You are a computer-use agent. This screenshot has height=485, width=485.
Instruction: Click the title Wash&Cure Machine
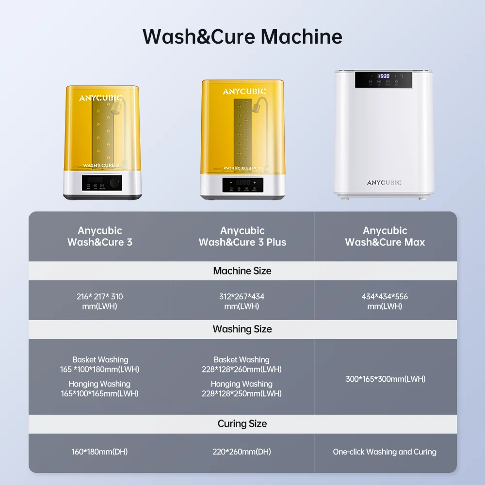coord(242,37)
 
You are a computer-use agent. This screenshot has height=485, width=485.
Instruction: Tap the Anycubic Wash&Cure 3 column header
coord(99,236)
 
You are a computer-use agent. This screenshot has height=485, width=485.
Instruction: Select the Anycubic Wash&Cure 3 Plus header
coord(242,236)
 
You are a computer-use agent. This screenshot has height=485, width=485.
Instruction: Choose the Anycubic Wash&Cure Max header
coord(385,236)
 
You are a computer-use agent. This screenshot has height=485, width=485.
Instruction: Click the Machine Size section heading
coord(242,271)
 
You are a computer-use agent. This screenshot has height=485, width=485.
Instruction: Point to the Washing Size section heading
coord(242,329)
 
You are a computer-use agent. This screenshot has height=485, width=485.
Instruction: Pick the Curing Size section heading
coord(242,423)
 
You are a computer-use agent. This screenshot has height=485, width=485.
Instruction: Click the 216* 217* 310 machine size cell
coord(99,301)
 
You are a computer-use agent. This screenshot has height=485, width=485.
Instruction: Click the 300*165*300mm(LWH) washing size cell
coord(385,379)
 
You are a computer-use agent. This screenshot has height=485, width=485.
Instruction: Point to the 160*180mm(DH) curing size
coord(99,452)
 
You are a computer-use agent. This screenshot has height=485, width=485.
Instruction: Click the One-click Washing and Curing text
coord(385,452)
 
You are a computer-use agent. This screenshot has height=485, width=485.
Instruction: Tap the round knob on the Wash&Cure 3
coord(115,183)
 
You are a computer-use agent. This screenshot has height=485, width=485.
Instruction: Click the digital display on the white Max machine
coord(384,76)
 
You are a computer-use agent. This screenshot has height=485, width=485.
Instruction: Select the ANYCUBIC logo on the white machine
coord(384,183)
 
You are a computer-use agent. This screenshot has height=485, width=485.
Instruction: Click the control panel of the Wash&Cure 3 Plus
coord(242,185)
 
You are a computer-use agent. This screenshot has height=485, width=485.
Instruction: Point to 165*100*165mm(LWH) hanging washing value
coord(99,393)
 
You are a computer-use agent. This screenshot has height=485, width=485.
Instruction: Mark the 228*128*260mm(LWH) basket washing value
coord(242,369)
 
